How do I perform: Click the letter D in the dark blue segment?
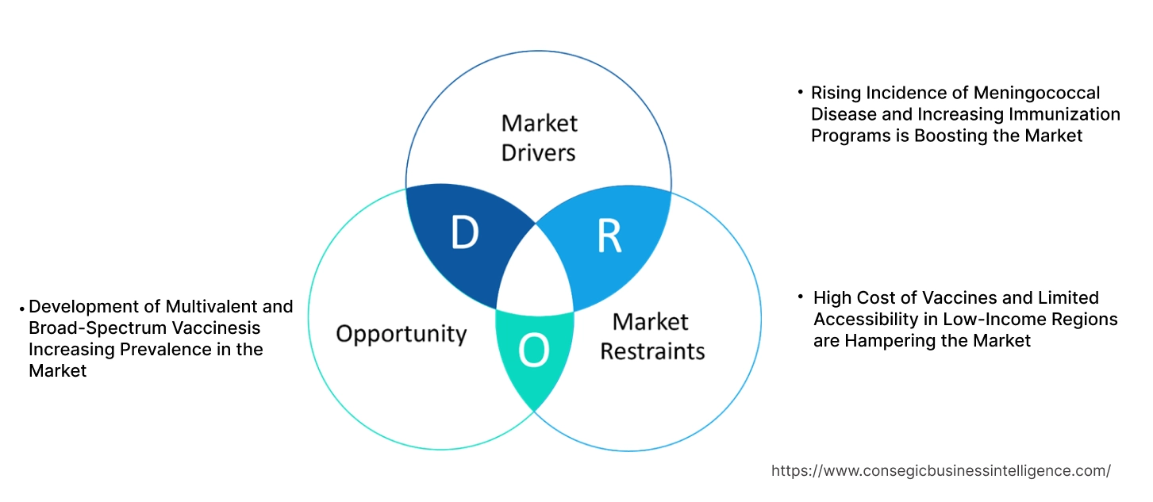pyautogui.click(x=465, y=233)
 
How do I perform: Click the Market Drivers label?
pyautogui.click(x=539, y=137)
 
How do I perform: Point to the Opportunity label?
pyautogui.click(x=401, y=333)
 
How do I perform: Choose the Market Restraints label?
pyautogui.click(x=651, y=335)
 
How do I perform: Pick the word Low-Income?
pyautogui.click(x=991, y=320)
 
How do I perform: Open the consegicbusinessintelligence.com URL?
pyautogui.click(x=940, y=470)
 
